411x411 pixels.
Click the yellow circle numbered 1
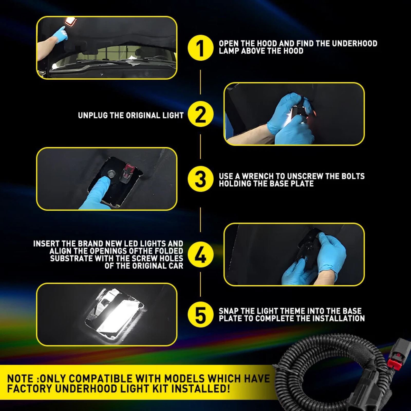(201, 48)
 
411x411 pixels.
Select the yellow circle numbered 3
(201, 179)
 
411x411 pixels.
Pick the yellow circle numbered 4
(201, 254)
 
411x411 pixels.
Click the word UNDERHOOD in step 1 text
(354, 43)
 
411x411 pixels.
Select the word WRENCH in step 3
(258, 176)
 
